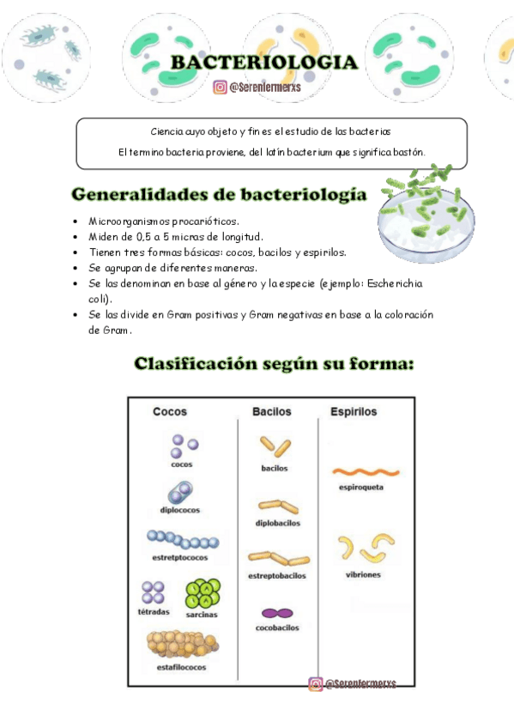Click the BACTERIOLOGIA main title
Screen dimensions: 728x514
coord(263,63)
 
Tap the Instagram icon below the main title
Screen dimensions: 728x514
coord(221,87)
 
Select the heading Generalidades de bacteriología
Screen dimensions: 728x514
coord(219,195)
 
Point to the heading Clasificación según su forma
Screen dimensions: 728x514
coord(274,364)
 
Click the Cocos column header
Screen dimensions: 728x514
coord(169,412)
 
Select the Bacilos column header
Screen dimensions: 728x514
coord(271,412)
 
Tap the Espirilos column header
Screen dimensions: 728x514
coord(354,412)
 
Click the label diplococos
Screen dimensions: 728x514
coord(179,510)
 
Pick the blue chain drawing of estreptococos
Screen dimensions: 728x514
coord(182,539)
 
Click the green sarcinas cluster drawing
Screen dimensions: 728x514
coord(203,592)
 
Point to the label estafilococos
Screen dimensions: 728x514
coord(181,667)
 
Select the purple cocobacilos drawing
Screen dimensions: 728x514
coord(276,614)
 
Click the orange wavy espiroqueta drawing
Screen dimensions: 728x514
coord(366,471)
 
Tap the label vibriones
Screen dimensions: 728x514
coord(363,574)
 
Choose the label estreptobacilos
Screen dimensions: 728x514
coord(277,576)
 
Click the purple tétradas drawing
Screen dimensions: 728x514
coord(154,592)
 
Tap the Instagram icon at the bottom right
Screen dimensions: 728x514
coord(316,684)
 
